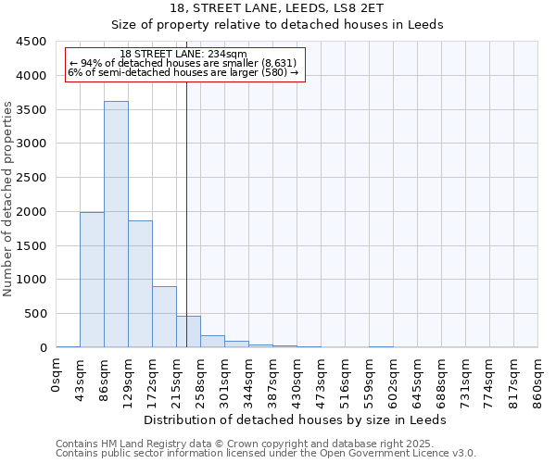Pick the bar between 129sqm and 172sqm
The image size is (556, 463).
[140, 283]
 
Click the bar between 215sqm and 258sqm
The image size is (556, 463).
[188, 332]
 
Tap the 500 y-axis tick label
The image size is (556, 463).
[35, 314]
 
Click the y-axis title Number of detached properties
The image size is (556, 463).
[8, 199]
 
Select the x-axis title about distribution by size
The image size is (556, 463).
[297, 419]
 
